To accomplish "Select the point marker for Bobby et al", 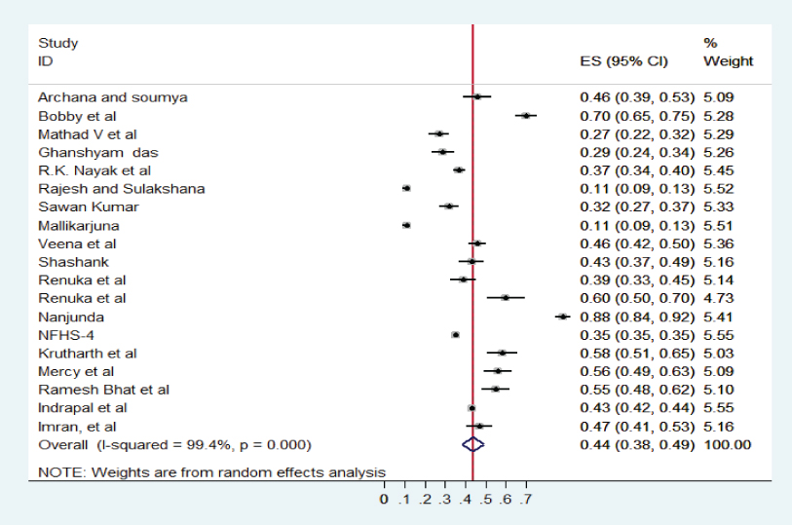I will pos(526,115).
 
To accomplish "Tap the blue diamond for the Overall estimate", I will pos(472,444).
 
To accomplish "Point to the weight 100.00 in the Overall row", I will pos(727,445).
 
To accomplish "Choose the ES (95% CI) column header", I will pos(623,61).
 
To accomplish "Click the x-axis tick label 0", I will pos(385,500).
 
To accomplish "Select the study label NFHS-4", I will pos(61,335).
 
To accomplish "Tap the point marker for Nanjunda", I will pos(562,317).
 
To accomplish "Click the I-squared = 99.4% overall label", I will pos(174,445).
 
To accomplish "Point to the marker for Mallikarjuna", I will pos(406,225).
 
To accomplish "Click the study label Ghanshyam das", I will pos(97,152).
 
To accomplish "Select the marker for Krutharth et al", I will pos(502,353).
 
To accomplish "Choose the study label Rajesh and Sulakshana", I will pos(121,189).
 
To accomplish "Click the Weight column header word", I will pos(728,61).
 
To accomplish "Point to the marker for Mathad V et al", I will pos(438,133).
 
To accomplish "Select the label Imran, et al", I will pos(77,427).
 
